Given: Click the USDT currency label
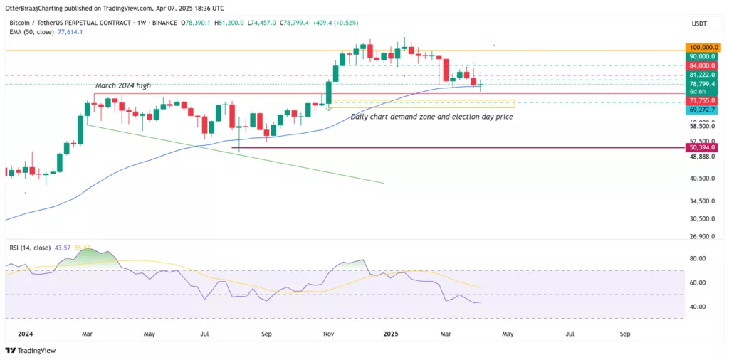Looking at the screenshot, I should [698, 23].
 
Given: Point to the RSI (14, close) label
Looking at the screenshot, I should [29, 248].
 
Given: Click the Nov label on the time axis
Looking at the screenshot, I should [328, 333].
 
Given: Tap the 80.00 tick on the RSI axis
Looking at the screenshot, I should [697, 258].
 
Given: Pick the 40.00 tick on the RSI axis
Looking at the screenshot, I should [697, 307].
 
